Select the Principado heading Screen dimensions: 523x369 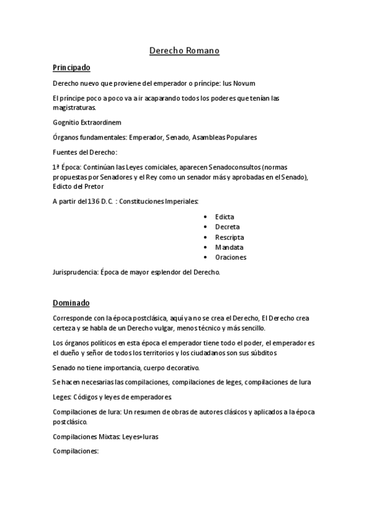click(72, 68)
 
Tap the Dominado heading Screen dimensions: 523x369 click(71, 303)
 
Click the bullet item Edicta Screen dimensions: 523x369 click(224, 217)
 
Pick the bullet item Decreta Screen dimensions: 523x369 click(227, 227)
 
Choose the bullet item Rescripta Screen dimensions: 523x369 click(229, 237)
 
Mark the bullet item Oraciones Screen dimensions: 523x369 click(230, 257)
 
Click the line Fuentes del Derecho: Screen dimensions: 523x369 click(84, 152)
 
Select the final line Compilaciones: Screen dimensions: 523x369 click(76, 451)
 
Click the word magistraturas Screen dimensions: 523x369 click(79, 107)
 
